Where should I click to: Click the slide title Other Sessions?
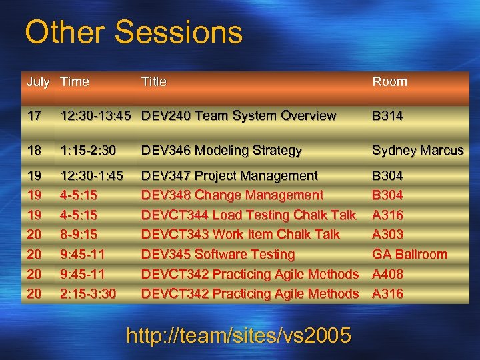click(x=133, y=32)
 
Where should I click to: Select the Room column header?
click(x=389, y=82)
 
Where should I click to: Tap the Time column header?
click(x=74, y=82)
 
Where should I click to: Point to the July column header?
click(x=38, y=82)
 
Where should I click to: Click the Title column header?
click(x=153, y=82)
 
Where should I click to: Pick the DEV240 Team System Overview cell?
click(x=239, y=116)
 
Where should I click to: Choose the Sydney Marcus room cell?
click(x=417, y=151)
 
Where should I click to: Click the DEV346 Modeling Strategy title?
click(x=221, y=151)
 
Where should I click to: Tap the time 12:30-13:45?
click(x=97, y=116)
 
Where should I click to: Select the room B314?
click(x=387, y=116)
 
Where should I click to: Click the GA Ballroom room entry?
click(x=409, y=255)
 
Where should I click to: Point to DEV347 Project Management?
click(x=229, y=176)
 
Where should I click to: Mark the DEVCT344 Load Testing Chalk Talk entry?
click(x=249, y=215)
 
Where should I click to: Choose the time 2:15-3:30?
click(x=87, y=294)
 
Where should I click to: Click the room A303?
click(x=387, y=235)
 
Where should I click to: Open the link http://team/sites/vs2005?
click(x=239, y=336)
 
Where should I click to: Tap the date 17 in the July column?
click(x=33, y=116)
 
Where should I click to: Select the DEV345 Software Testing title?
click(x=218, y=255)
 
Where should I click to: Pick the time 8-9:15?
click(x=79, y=235)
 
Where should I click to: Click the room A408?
click(x=387, y=274)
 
